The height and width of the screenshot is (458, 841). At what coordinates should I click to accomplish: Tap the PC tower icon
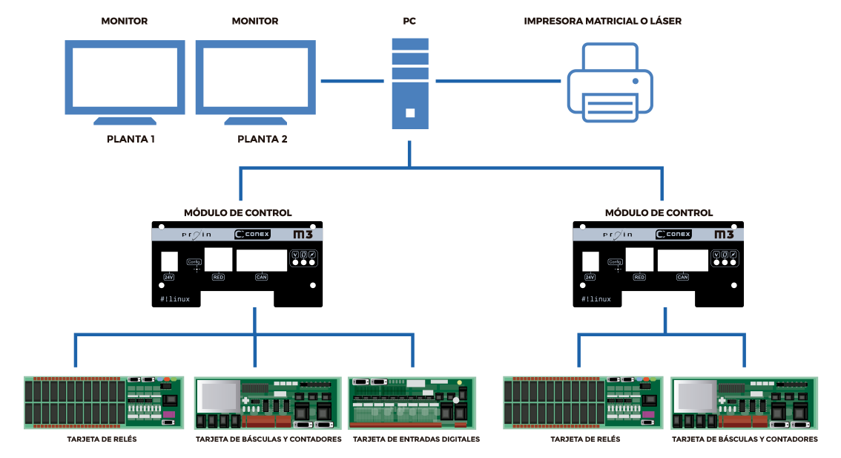(410, 83)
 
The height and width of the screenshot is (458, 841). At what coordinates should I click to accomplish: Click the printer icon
(610, 83)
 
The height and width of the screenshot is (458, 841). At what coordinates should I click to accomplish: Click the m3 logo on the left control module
(303, 235)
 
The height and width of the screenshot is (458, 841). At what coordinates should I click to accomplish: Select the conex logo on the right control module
(673, 235)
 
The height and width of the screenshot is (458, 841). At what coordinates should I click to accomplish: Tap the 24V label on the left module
(168, 277)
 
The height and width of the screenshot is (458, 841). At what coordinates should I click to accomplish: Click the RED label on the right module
(639, 277)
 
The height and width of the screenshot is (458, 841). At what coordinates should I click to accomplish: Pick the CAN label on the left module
(261, 277)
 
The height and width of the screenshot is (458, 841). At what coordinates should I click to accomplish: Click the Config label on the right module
(615, 262)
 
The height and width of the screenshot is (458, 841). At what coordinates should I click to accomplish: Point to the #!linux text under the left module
(175, 299)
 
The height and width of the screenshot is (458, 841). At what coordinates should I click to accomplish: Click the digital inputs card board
(412, 402)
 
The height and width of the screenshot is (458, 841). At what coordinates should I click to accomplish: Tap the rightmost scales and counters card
(744, 403)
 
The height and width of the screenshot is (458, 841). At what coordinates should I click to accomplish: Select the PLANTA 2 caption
(263, 139)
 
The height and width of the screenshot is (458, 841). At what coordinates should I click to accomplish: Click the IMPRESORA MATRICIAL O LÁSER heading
(602, 22)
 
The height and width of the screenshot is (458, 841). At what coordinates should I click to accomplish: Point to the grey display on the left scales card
(219, 396)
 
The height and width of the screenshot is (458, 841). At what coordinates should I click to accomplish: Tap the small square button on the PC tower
(410, 113)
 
